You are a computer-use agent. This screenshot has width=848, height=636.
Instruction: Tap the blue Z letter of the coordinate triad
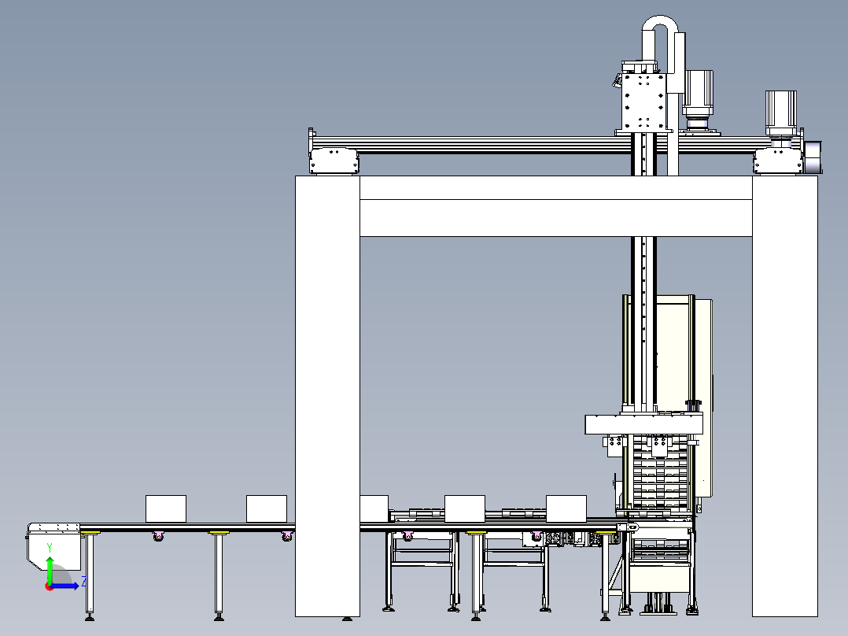(84, 581)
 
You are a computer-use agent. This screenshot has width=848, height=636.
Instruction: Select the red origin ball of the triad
(49, 586)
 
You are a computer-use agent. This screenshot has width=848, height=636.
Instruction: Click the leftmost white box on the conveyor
(166, 508)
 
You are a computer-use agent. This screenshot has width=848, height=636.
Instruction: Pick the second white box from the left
(267, 508)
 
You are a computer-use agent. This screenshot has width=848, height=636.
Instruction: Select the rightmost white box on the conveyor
(566, 508)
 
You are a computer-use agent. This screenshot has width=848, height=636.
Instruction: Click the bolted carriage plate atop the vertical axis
(644, 102)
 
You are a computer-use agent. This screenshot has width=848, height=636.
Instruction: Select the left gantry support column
(327, 394)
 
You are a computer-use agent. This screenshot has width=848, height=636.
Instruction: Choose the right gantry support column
(785, 394)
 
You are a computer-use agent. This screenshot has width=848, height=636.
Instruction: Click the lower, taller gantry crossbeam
(555, 218)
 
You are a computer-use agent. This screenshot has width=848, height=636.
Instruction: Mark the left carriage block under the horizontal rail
(335, 161)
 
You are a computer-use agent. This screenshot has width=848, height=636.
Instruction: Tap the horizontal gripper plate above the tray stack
(643, 424)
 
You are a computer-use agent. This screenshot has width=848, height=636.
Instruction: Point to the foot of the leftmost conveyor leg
(90, 617)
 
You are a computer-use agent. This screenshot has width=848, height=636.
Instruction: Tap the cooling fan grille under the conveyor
(563, 540)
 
